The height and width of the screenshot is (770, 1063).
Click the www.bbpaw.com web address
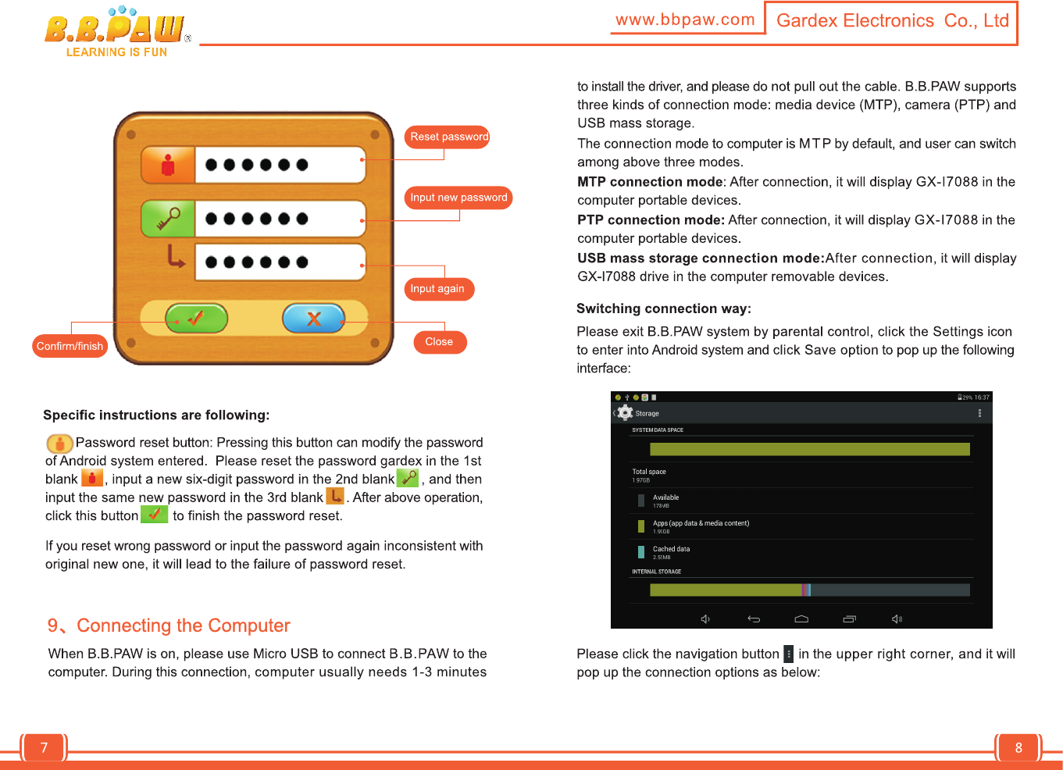(685, 20)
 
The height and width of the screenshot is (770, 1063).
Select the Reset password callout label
(448, 137)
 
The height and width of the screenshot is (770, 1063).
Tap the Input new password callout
(458, 198)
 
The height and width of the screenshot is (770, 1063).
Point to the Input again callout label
(437, 289)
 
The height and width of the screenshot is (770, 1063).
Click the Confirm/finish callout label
(70, 346)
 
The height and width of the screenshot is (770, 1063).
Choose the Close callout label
(439, 342)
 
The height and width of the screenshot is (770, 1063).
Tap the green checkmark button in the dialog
(196, 318)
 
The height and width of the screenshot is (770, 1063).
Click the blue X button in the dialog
(313, 318)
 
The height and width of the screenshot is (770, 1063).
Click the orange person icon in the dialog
(168, 165)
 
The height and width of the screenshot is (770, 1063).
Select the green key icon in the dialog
(168, 219)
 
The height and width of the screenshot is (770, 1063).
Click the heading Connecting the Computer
(183, 626)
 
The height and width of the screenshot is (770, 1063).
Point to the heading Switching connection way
(663, 308)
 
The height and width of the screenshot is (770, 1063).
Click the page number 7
(44, 747)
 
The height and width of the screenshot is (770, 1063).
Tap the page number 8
(1018, 747)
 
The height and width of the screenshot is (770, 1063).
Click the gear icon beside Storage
(625, 413)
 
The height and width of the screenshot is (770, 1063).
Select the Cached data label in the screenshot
(671, 549)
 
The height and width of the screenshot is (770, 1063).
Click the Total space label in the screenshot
(649, 472)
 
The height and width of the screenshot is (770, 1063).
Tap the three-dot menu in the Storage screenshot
(979, 413)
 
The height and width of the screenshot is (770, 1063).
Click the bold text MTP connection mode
(650, 182)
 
